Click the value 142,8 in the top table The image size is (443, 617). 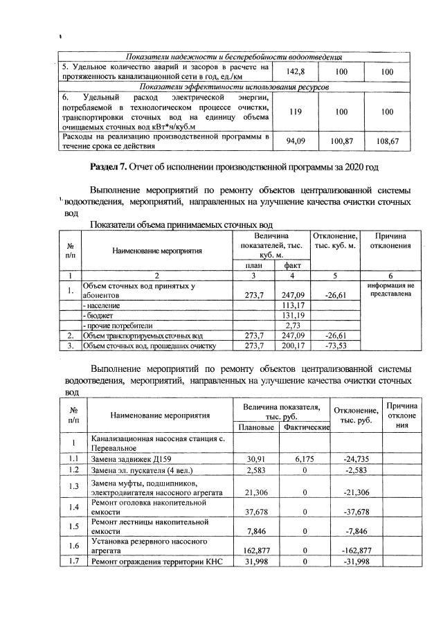click(296, 71)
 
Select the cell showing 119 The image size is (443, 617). click(296, 111)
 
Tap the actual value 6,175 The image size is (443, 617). click(305, 458)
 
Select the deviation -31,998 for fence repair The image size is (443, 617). click(354, 561)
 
